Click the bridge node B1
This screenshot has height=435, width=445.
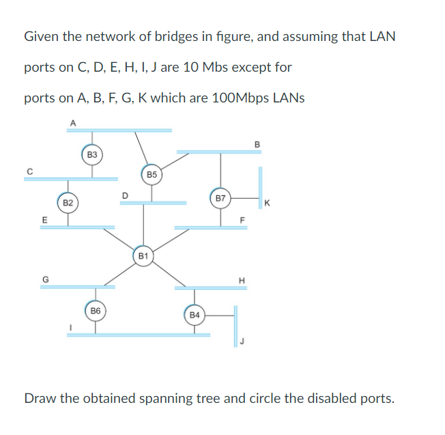coord(143,256)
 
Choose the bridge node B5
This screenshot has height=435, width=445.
coord(152,175)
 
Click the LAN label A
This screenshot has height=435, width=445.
coord(73,122)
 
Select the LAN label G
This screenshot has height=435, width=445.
coord(46,278)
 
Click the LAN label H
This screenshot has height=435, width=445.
coord(240,279)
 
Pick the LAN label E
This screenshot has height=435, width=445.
coord(45,219)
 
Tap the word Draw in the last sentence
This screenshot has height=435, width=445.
coord(40,398)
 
